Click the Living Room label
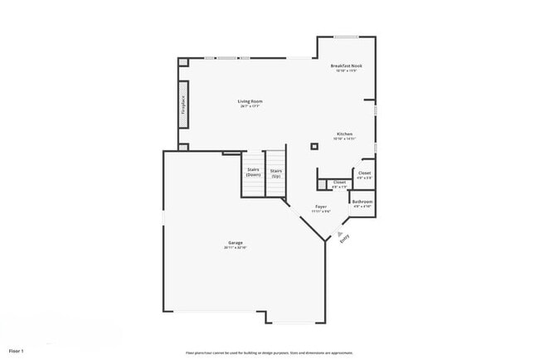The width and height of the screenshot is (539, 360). [250, 101]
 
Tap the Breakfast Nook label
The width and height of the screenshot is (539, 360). [346, 66]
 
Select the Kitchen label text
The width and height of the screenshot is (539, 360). [345, 134]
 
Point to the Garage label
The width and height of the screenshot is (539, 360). [236, 242]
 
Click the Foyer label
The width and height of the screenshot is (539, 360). [321, 207]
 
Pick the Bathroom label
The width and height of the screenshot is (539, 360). [362, 201]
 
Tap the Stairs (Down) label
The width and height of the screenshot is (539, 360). [254, 172]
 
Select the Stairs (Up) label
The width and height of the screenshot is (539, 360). [275, 172]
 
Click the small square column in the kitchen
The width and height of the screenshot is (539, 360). [314, 147]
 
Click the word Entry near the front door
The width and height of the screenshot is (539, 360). [344, 238]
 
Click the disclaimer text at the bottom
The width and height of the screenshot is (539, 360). [269, 352]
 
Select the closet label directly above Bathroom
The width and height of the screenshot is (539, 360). [364, 173]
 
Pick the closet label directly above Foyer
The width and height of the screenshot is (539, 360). [338, 182]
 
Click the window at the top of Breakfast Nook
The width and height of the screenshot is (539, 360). [346, 36]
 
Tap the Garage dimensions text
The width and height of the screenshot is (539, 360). [236, 248]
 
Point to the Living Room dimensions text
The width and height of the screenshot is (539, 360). [250, 106]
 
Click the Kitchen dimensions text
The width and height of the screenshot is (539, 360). [345, 139]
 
